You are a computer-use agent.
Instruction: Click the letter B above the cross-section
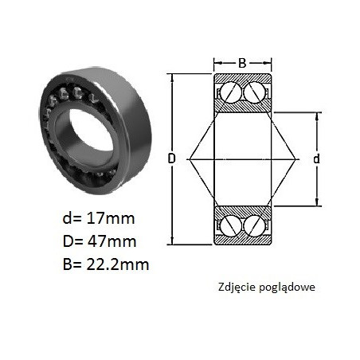click(x=242, y=63)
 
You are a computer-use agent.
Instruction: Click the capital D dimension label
click(x=172, y=158)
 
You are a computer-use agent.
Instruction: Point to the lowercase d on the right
click(x=316, y=158)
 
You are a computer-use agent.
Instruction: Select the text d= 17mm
click(x=99, y=218)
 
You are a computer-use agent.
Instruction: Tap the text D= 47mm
click(x=100, y=241)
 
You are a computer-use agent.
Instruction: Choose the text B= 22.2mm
click(x=106, y=264)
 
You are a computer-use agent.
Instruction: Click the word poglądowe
click(x=287, y=288)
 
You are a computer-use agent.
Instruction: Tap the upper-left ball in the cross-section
click(x=231, y=92)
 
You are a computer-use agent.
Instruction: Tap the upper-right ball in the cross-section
click(x=254, y=92)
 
